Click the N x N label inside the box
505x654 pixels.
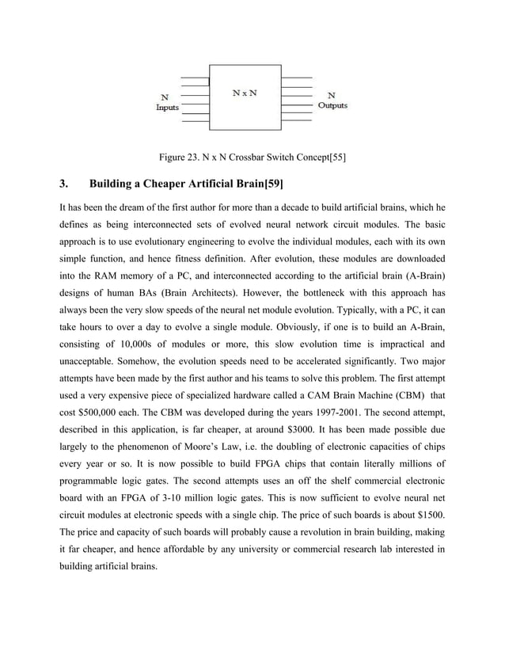[x=245, y=92]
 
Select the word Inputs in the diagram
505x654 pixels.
[x=167, y=108]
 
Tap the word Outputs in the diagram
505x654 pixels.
[x=332, y=105]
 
